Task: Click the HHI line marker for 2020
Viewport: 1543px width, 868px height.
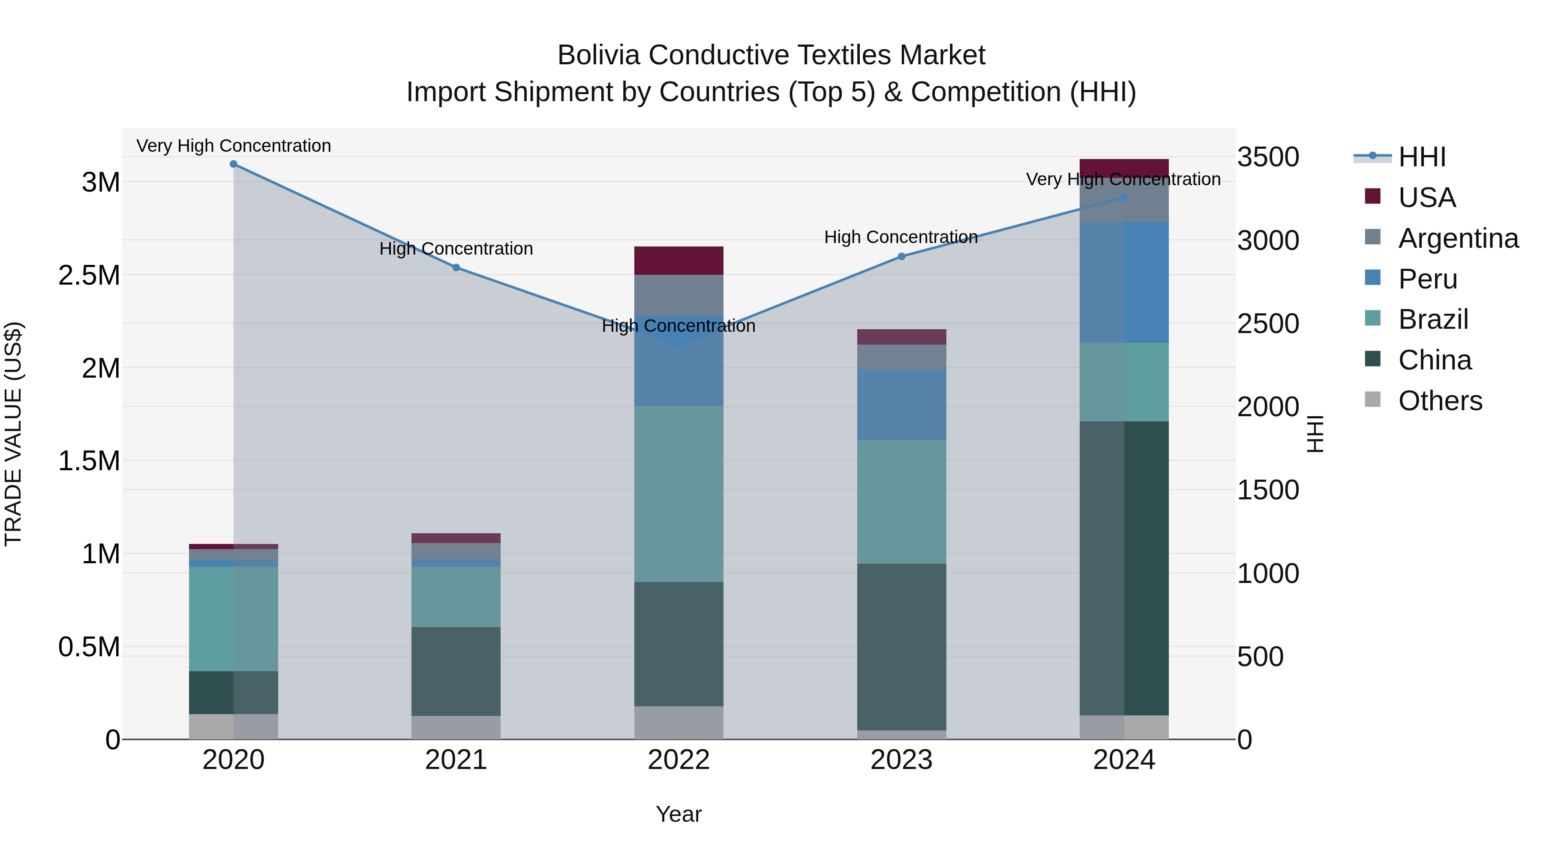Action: coord(234,164)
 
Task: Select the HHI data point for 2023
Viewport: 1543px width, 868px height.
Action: coord(901,256)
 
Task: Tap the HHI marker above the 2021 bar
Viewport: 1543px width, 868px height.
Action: coord(456,268)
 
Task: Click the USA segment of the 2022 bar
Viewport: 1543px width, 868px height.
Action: coord(678,261)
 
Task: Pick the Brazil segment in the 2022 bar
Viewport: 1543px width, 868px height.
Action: coord(678,494)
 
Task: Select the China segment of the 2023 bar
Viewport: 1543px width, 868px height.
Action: coord(901,647)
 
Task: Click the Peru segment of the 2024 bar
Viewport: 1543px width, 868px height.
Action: coord(1124,283)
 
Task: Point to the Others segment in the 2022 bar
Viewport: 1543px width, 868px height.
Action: coord(678,723)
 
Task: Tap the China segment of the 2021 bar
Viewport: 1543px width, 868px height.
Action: coord(456,672)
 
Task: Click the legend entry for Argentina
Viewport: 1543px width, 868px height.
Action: coord(1458,238)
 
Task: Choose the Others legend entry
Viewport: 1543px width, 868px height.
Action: coord(1440,401)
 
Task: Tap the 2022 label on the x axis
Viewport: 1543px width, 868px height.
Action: coord(678,760)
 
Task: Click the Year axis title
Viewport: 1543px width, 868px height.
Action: coord(678,814)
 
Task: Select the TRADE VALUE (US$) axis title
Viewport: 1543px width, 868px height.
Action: coord(13,434)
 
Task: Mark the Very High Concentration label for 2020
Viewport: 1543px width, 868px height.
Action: coord(234,146)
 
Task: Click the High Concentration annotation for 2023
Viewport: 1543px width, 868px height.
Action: coord(901,237)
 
